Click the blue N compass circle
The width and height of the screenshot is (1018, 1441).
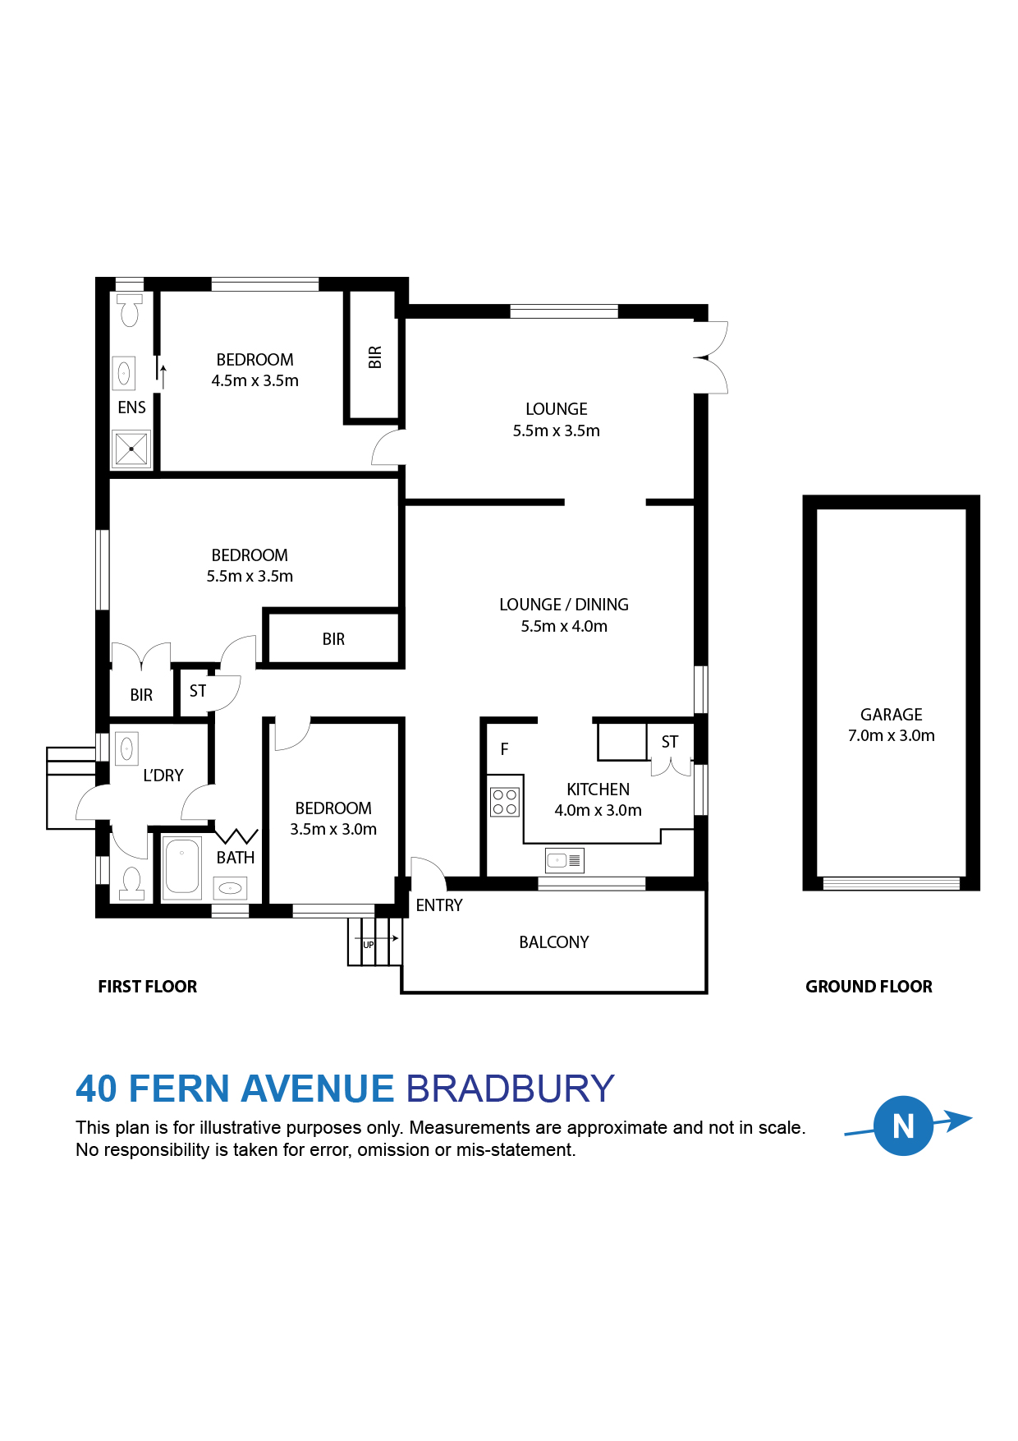(903, 1126)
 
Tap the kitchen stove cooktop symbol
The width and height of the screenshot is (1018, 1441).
(505, 802)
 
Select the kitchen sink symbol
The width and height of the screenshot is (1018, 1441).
(564, 860)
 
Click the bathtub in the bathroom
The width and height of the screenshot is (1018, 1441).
(181, 868)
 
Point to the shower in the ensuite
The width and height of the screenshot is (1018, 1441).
(131, 449)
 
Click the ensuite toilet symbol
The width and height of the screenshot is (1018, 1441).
(130, 311)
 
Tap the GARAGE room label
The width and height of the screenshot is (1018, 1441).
(891, 715)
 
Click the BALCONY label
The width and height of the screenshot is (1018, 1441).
(554, 942)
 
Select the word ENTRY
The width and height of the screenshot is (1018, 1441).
(439, 905)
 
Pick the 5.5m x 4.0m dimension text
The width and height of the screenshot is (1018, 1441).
(564, 626)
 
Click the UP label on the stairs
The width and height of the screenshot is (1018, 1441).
(369, 945)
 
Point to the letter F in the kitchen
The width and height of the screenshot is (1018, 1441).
(504, 749)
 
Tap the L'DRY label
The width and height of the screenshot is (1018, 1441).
(163, 776)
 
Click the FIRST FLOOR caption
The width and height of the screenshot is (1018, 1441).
(148, 987)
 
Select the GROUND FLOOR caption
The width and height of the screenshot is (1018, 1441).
(869, 987)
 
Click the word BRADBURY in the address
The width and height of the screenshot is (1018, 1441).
(510, 1089)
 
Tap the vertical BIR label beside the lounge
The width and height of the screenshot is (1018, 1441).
(375, 357)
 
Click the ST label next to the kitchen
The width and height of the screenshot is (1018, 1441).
(670, 742)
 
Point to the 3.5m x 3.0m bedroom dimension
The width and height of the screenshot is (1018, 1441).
(333, 830)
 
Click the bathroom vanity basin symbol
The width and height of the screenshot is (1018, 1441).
(230, 888)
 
